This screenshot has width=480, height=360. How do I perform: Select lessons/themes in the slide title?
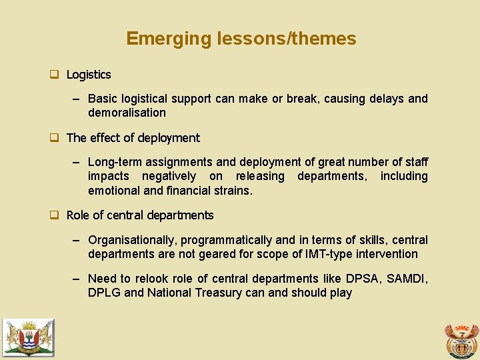point(287,39)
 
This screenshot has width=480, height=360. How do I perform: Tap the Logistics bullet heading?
point(89,75)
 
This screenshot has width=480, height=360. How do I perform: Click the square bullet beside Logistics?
point(55,75)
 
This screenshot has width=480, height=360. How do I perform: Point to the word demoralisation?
point(127,113)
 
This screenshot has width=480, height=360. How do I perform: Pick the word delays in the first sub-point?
point(385,99)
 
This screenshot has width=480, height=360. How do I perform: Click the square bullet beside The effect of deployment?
point(55,138)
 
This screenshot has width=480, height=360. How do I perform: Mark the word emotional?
point(114,190)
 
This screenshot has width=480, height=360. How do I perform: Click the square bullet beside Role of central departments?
point(55,215)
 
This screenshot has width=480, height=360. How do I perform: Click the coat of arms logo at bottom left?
point(28,337)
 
